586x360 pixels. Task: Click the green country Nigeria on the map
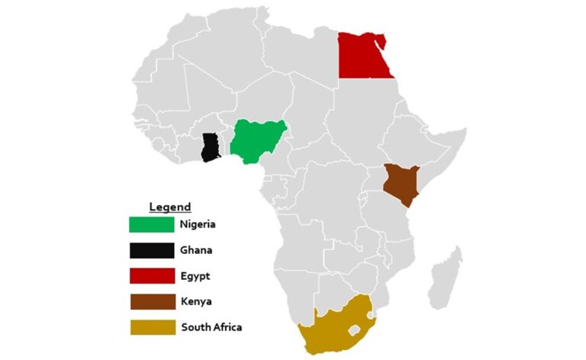tap(258, 141)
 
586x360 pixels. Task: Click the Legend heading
tap(169, 207)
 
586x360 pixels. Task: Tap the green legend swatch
tap(151, 224)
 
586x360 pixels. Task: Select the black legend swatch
tap(151, 250)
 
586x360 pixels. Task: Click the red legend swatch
tap(151, 276)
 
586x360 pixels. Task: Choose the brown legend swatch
tap(151, 302)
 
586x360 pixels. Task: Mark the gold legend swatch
tap(151, 328)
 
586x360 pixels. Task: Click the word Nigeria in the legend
tap(198, 224)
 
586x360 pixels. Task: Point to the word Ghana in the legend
tap(196, 250)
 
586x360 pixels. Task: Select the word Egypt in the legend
tap(195, 276)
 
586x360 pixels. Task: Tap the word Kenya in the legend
tap(195, 302)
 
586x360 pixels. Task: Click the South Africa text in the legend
tap(211, 328)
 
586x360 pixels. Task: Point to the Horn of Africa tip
tap(463, 131)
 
